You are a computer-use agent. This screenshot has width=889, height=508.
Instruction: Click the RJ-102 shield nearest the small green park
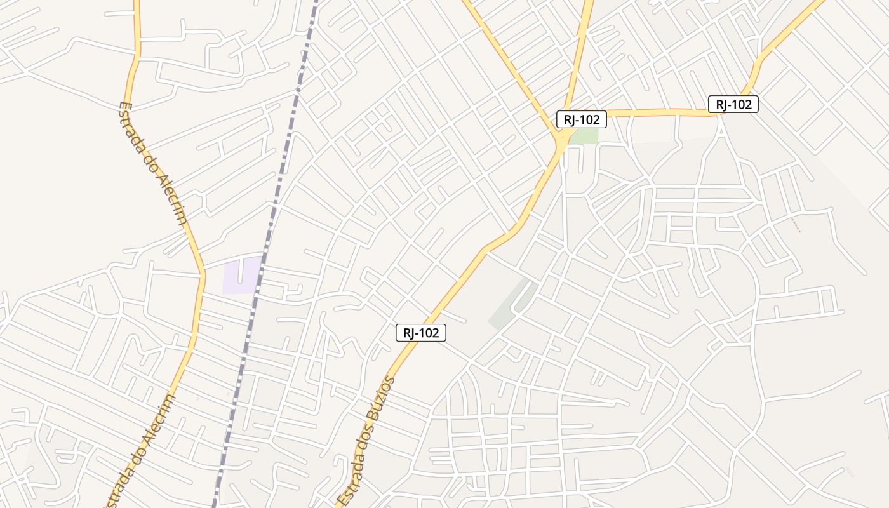point(581,119)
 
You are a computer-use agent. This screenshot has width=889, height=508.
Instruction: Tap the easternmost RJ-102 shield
point(733,104)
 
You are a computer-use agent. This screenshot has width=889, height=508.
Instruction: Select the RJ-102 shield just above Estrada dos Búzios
point(421,332)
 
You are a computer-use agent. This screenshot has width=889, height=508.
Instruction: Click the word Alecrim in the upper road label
point(172,197)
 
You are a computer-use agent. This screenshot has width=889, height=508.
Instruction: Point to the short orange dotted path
point(796,225)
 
